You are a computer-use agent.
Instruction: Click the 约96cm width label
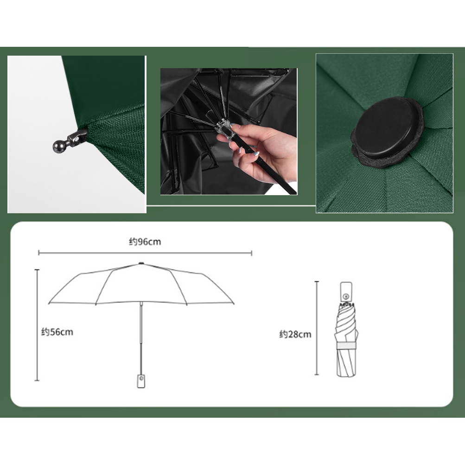[x=145, y=242]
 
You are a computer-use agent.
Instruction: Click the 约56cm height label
[x=57, y=332]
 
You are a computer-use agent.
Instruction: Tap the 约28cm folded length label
[x=295, y=334]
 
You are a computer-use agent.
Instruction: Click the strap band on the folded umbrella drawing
[x=346, y=346]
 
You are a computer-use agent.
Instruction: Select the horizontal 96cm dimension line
[x=145, y=253]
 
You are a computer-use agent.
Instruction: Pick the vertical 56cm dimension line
[x=37, y=325]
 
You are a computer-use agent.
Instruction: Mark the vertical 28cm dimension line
[x=317, y=328]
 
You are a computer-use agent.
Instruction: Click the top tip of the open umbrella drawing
[x=141, y=263]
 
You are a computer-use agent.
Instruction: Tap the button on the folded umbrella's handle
[x=346, y=297]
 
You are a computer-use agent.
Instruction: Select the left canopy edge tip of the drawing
[x=49, y=303]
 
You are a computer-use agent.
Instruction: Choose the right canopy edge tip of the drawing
[x=234, y=304]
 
